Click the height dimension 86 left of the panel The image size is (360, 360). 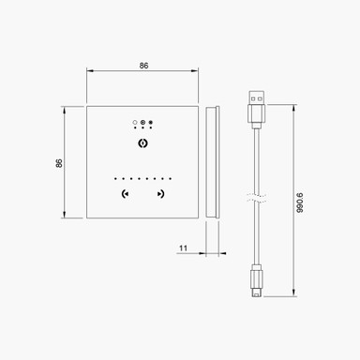[59, 162]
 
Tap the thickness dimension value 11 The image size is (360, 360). [183, 247]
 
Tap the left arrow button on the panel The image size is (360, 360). [126, 195]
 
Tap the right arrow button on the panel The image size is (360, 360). [161, 195]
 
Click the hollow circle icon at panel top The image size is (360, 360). [135, 122]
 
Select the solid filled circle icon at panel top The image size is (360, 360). [151, 122]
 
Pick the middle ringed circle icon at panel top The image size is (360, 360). [142, 122]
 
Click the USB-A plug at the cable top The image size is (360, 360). [255, 107]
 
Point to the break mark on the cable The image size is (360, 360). [255, 198]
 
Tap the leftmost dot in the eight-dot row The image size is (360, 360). [114, 178]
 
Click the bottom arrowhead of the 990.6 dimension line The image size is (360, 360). [293, 296]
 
